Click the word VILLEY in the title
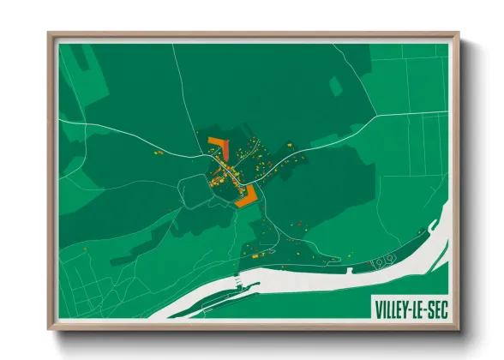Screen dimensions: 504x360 tap(391, 308)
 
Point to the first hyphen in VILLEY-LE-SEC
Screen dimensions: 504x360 tap(408, 308)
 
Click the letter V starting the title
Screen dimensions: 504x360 tap(377, 308)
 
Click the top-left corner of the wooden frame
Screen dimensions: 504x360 tap(50, 34)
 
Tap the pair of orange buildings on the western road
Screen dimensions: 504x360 tap(158, 153)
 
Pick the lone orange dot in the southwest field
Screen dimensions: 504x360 tap(86, 249)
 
